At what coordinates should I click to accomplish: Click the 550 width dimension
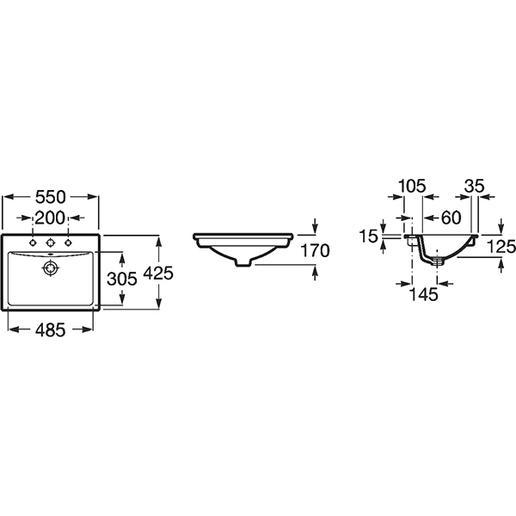52,197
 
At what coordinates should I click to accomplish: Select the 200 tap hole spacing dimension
51,218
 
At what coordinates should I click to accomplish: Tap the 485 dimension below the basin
51,330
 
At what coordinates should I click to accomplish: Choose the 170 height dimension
316,252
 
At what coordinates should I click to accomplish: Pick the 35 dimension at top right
475,187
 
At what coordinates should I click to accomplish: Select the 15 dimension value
369,235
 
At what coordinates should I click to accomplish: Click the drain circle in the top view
51,267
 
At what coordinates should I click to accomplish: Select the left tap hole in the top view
33,243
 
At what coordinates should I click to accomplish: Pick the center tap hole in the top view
51,243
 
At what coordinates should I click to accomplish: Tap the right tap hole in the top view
68,243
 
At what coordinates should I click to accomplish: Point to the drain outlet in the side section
439,258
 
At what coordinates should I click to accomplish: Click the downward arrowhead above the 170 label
316,228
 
